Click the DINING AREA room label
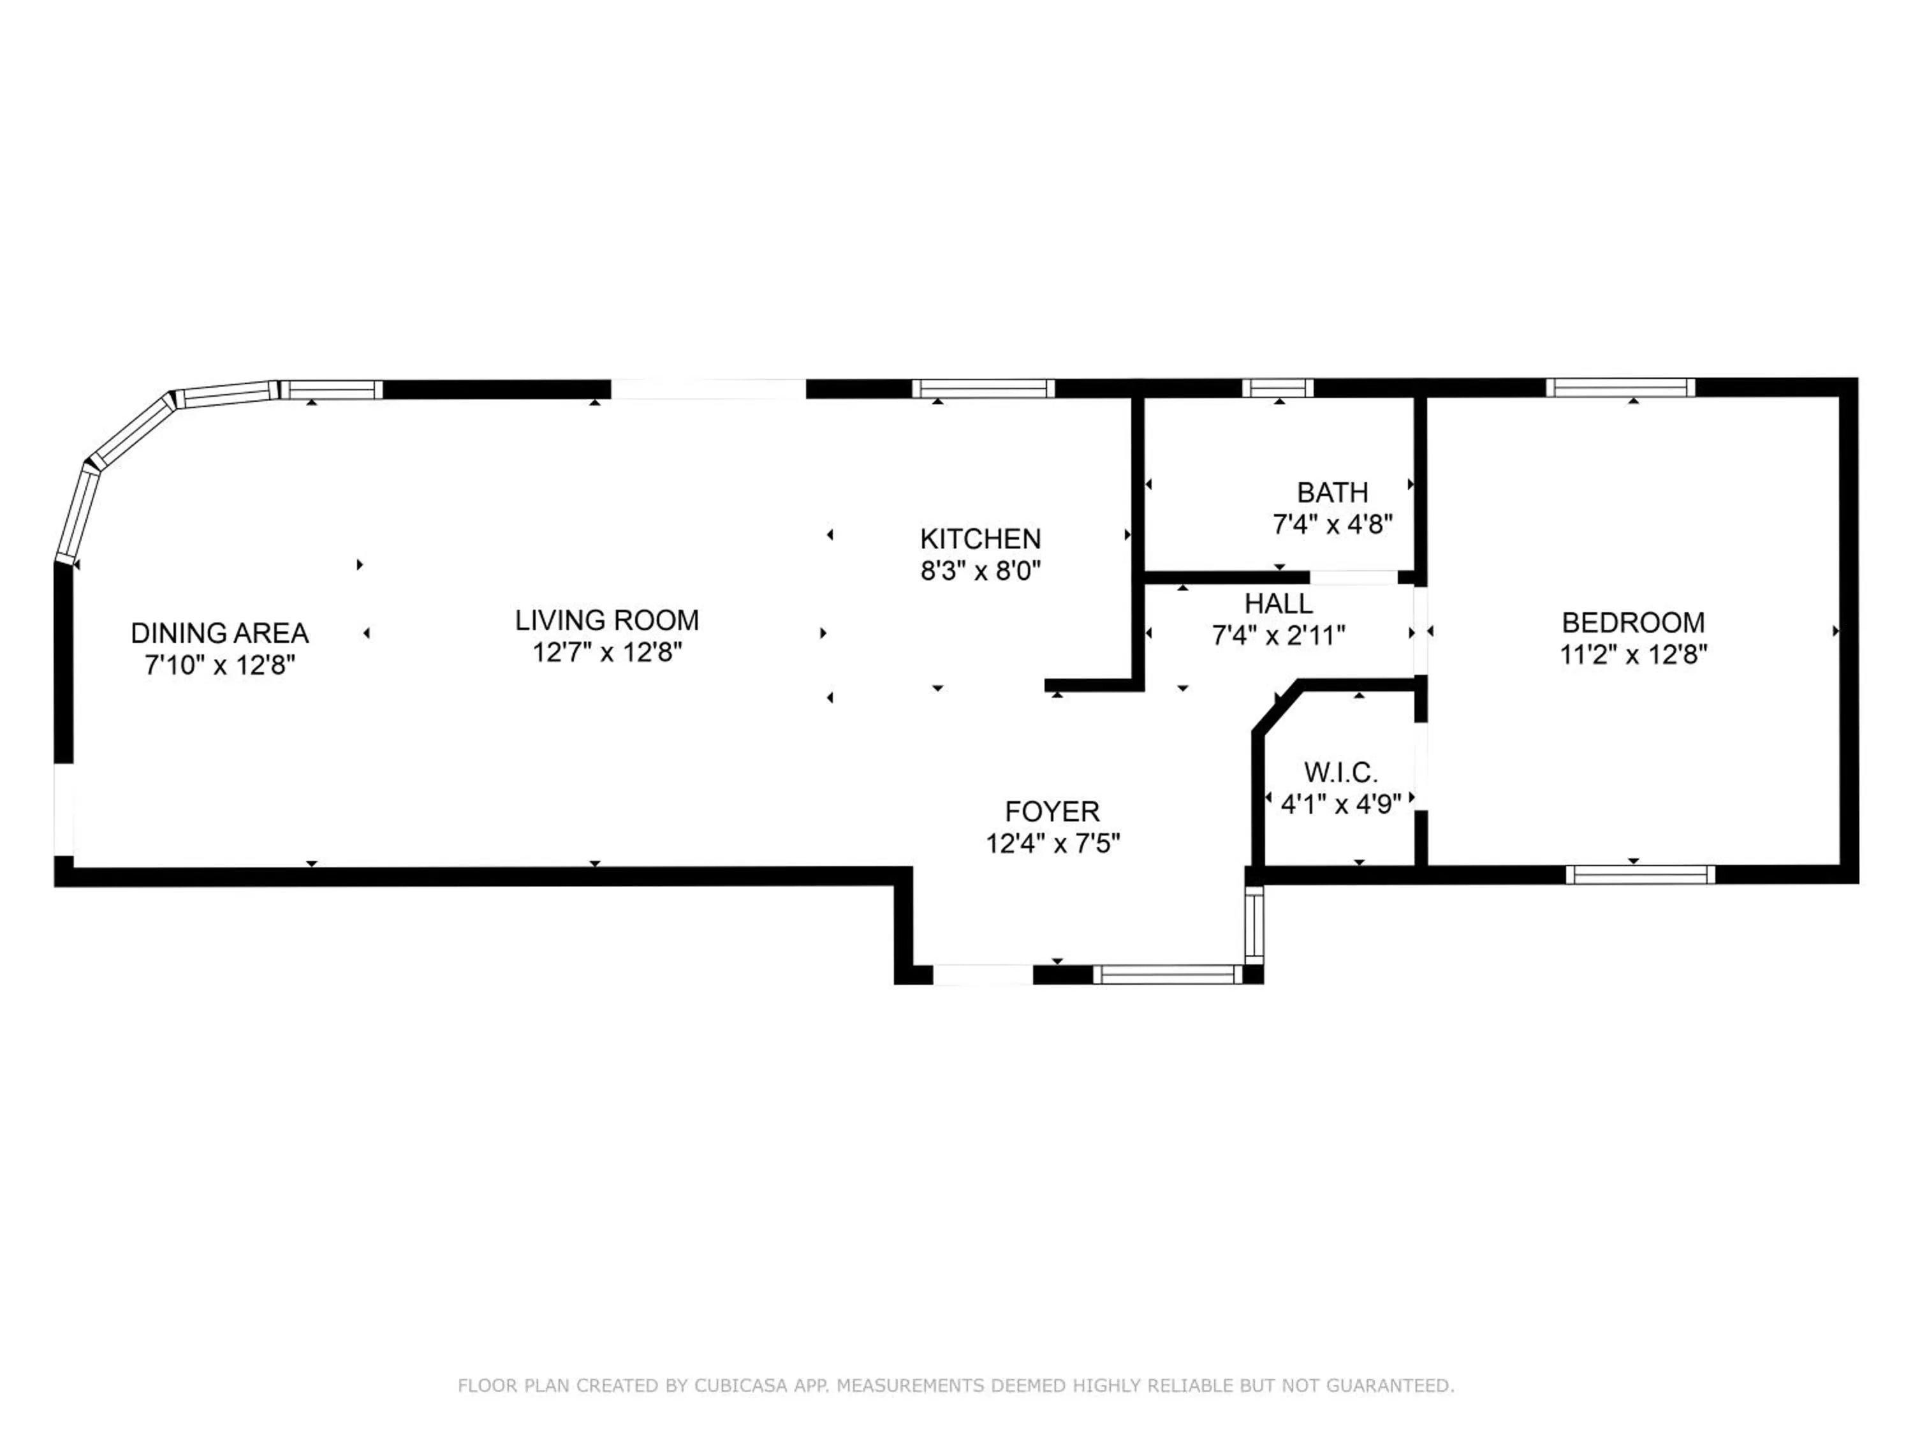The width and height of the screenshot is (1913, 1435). (x=219, y=633)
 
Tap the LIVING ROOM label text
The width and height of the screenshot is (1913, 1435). (x=607, y=620)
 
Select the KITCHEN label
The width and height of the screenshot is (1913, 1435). (x=980, y=539)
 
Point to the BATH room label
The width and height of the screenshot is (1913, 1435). (x=1332, y=492)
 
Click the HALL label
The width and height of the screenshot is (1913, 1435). (x=1279, y=603)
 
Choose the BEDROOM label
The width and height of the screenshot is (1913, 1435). (x=1633, y=622)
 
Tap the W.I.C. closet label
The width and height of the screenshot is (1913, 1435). (x=1340, y=772)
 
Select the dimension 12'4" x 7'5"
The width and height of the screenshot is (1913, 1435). (x=1053, y=843)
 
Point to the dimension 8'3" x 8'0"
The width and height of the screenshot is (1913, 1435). (x=980, y=571)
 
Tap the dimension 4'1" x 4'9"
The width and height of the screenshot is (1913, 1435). (x=1340, y=804)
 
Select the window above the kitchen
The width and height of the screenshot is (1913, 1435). (x=983, y=389)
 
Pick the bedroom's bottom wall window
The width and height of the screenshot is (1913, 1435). (x=1639, y=874)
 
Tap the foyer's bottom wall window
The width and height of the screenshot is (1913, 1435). (x=1168, y=975)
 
